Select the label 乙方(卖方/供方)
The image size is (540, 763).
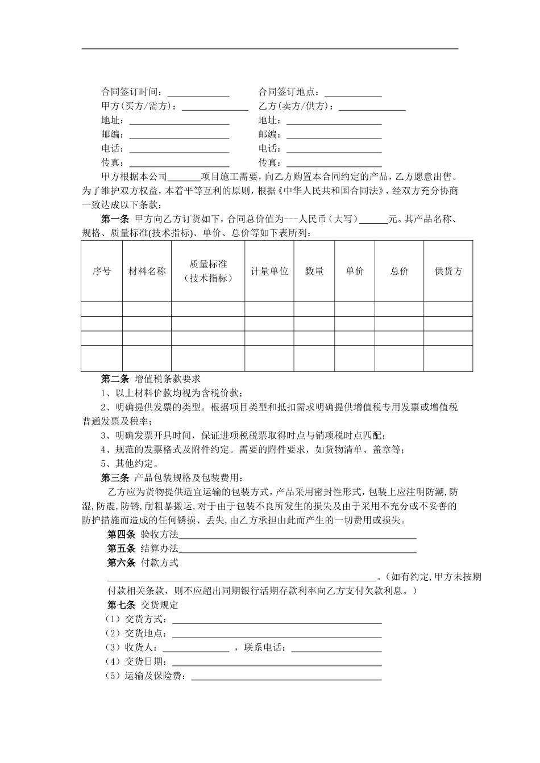296,107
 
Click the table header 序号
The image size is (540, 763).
101,271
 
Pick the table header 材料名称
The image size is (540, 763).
147,271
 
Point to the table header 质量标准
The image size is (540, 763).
208,265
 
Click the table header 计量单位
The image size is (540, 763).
269,271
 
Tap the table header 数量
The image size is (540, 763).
314,271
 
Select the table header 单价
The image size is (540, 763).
355,271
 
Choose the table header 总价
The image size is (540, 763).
399,271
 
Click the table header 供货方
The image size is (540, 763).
448,271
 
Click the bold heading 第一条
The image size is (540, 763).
114,219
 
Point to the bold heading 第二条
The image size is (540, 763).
114,379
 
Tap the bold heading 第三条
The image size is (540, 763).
114,477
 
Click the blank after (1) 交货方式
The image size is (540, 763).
276,619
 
